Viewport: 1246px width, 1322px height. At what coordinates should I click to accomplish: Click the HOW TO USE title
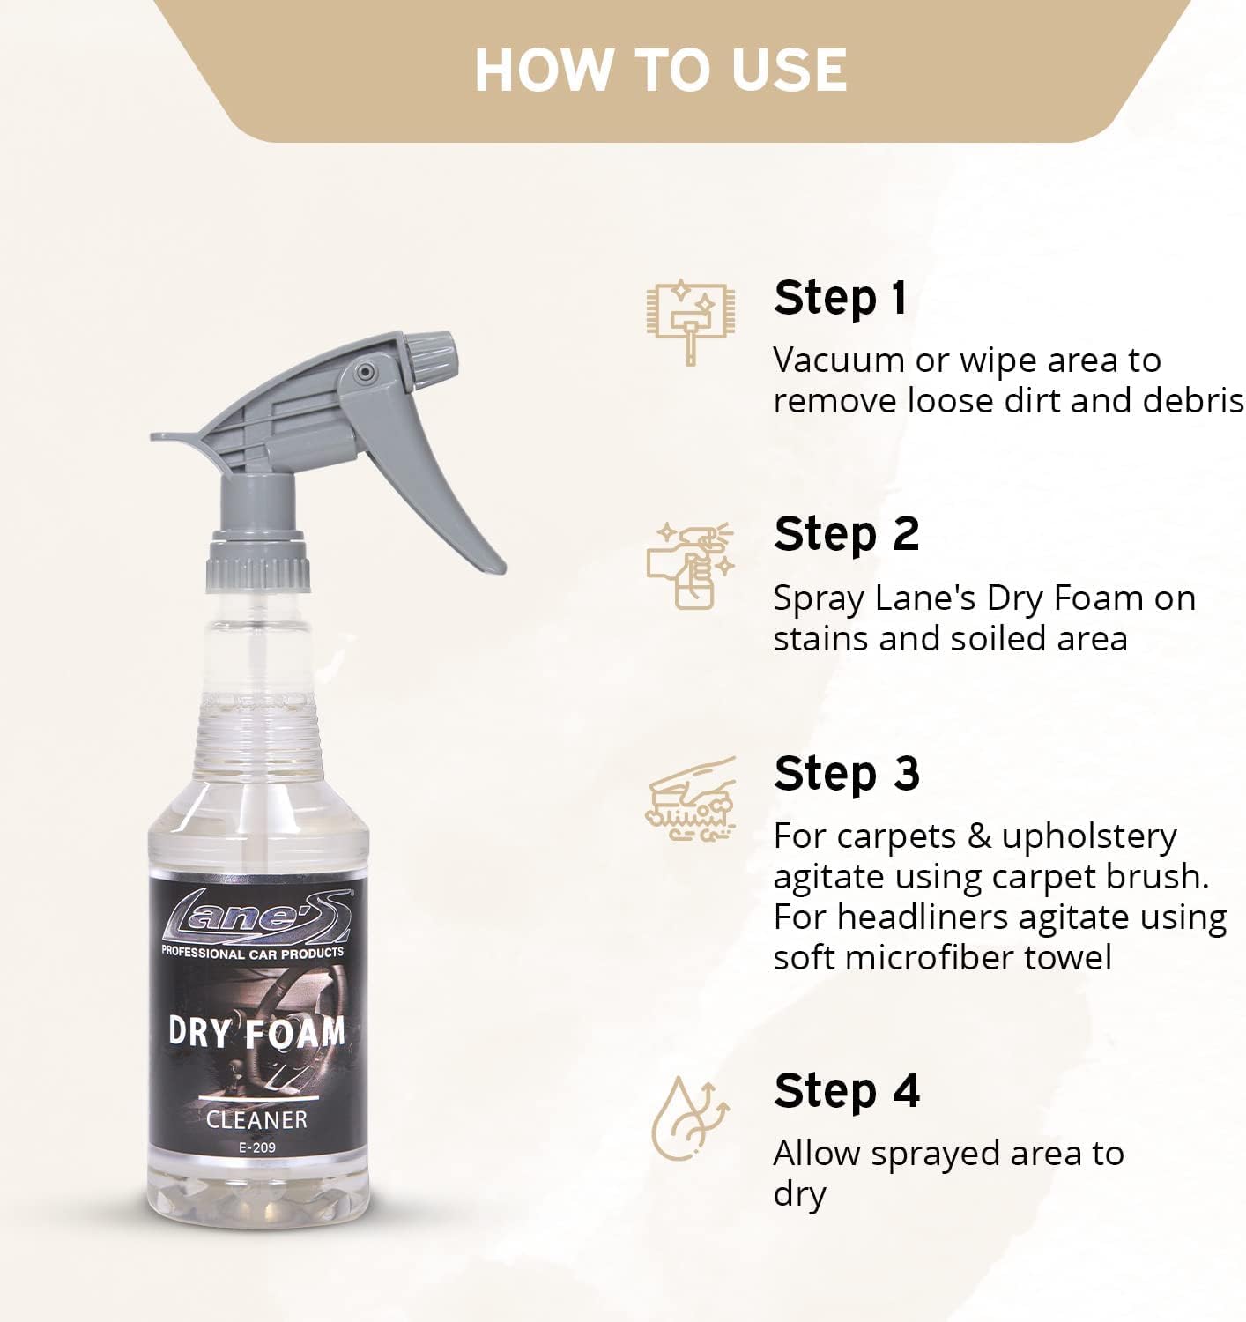coord(661,70)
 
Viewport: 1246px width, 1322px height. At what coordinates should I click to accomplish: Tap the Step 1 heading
coord(840,298)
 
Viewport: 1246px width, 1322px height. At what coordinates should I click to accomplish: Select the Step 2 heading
coord(846,534)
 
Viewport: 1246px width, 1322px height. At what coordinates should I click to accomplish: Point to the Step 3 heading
coord(846,774)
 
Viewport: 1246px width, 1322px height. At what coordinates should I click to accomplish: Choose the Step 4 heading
coord(846,1091)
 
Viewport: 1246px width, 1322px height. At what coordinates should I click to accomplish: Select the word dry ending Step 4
coord(799,1195)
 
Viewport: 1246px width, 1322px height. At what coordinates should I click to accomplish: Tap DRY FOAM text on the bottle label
coord(256,1031)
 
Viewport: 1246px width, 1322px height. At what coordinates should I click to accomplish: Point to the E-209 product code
coord(256,1147)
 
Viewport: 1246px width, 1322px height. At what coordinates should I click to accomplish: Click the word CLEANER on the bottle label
coord(256,1119)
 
